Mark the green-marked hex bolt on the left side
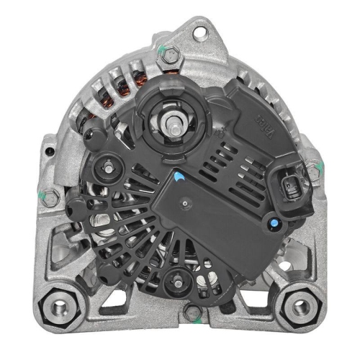tap(48, 196)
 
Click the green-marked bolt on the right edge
tap(312, 170)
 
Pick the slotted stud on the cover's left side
tap(109, 166)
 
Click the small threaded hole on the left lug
tap(49, 151)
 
